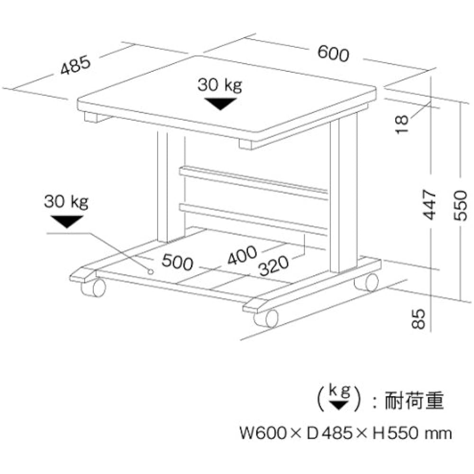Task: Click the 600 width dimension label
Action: click(x=333, y=54)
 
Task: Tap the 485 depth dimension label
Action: click(x=75, y=64)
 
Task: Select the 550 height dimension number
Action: click(x=460, y=205)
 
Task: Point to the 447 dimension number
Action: click(x=429, y=205)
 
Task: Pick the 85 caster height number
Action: click(x=419, y=319)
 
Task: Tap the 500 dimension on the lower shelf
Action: click(x=177, y=262)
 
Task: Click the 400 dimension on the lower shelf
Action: click(x=242, y=255)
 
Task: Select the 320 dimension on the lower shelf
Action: click(x=273, y=266)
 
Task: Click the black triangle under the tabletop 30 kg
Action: click(x=220, y=104)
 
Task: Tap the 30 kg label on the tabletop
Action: click(x=220, y=85)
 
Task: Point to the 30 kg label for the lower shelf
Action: click(x=66, y=201)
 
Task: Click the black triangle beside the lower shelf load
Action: click(x=67, y=221)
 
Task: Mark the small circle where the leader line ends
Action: click(x=151, y=272)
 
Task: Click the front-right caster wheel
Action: click(x=266, y=318)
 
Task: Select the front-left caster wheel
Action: click(x=94, y=287)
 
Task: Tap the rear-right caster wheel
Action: click(x=367, y=283)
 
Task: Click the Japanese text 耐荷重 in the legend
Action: click(x=414, y=401)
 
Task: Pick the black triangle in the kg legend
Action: click(x=338, y=405)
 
